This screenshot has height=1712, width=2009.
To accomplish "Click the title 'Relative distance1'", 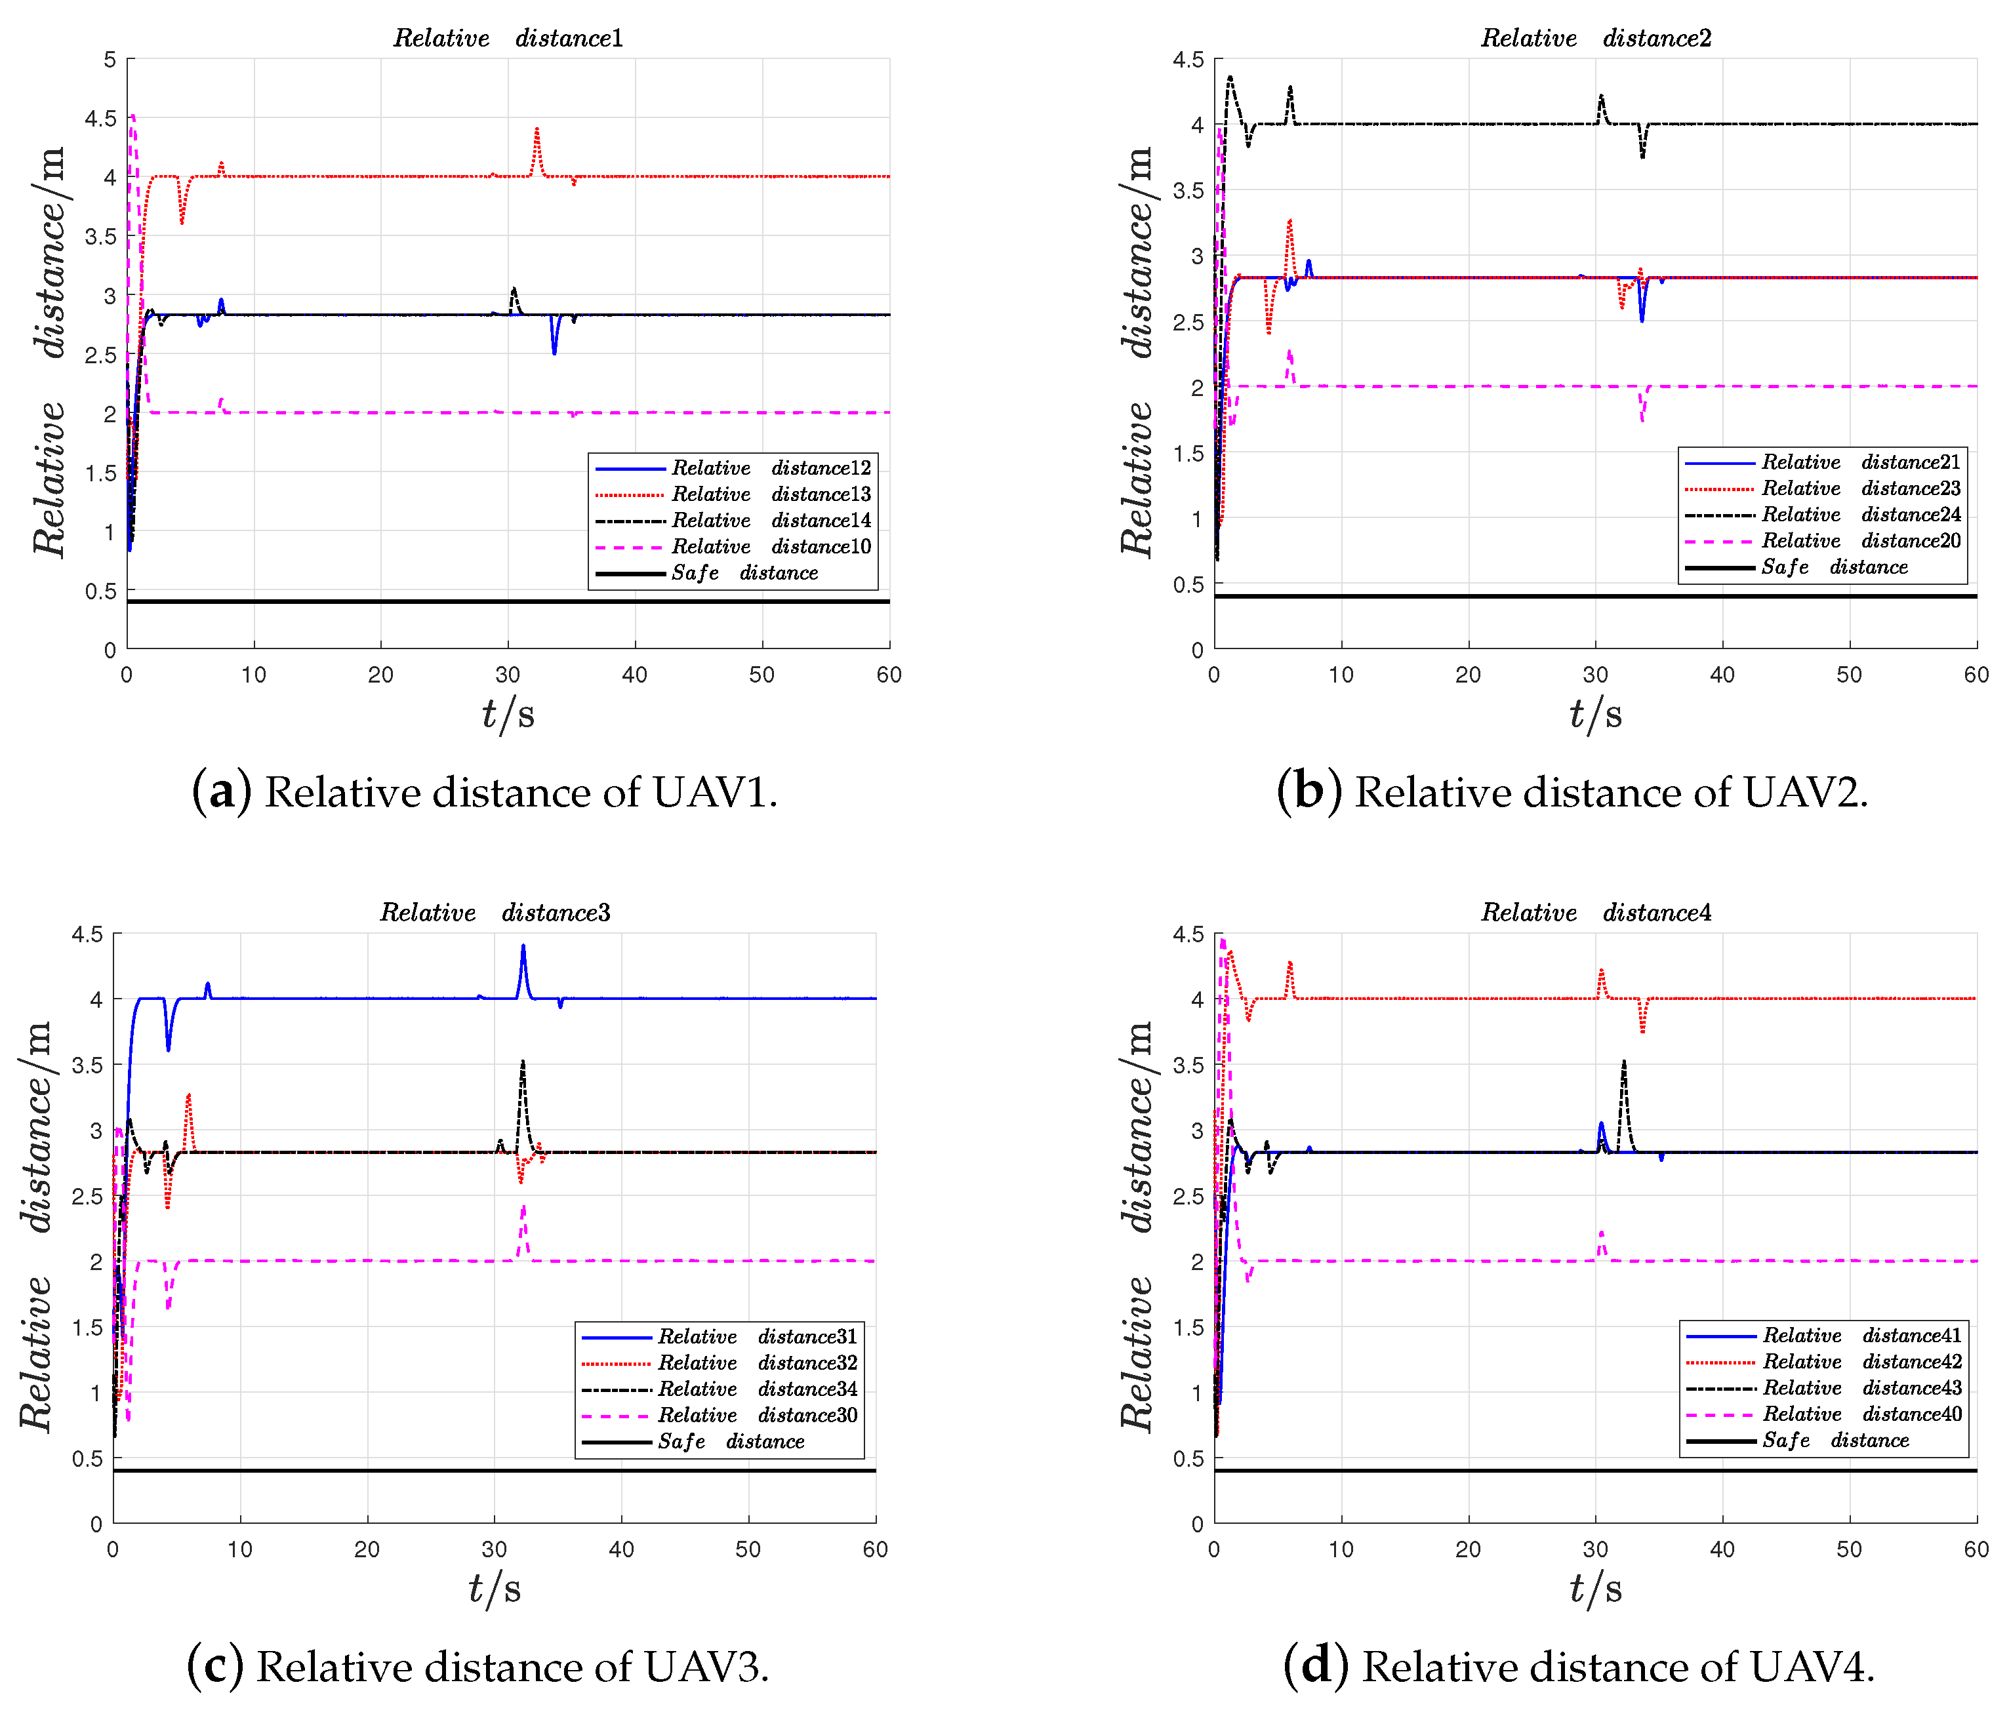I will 508,38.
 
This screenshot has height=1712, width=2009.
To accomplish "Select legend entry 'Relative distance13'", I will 771,494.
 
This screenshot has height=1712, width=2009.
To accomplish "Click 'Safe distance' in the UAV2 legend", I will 1833,567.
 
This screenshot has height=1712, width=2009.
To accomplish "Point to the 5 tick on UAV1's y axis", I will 110,60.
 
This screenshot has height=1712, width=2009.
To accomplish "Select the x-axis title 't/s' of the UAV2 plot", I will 1595,715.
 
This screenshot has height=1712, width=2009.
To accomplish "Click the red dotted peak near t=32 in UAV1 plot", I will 536,129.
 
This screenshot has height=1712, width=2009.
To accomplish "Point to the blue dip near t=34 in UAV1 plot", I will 554,352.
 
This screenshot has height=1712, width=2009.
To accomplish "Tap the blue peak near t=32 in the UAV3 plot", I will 523,946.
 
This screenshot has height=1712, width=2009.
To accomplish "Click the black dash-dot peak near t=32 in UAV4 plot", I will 1623,1062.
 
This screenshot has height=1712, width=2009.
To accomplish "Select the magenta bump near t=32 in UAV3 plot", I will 523,1210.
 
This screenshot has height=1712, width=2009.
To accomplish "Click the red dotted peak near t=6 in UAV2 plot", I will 1289,221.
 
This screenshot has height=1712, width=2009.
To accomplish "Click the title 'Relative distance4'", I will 1596,912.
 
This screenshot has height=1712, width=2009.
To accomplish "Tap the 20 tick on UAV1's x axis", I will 380,675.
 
